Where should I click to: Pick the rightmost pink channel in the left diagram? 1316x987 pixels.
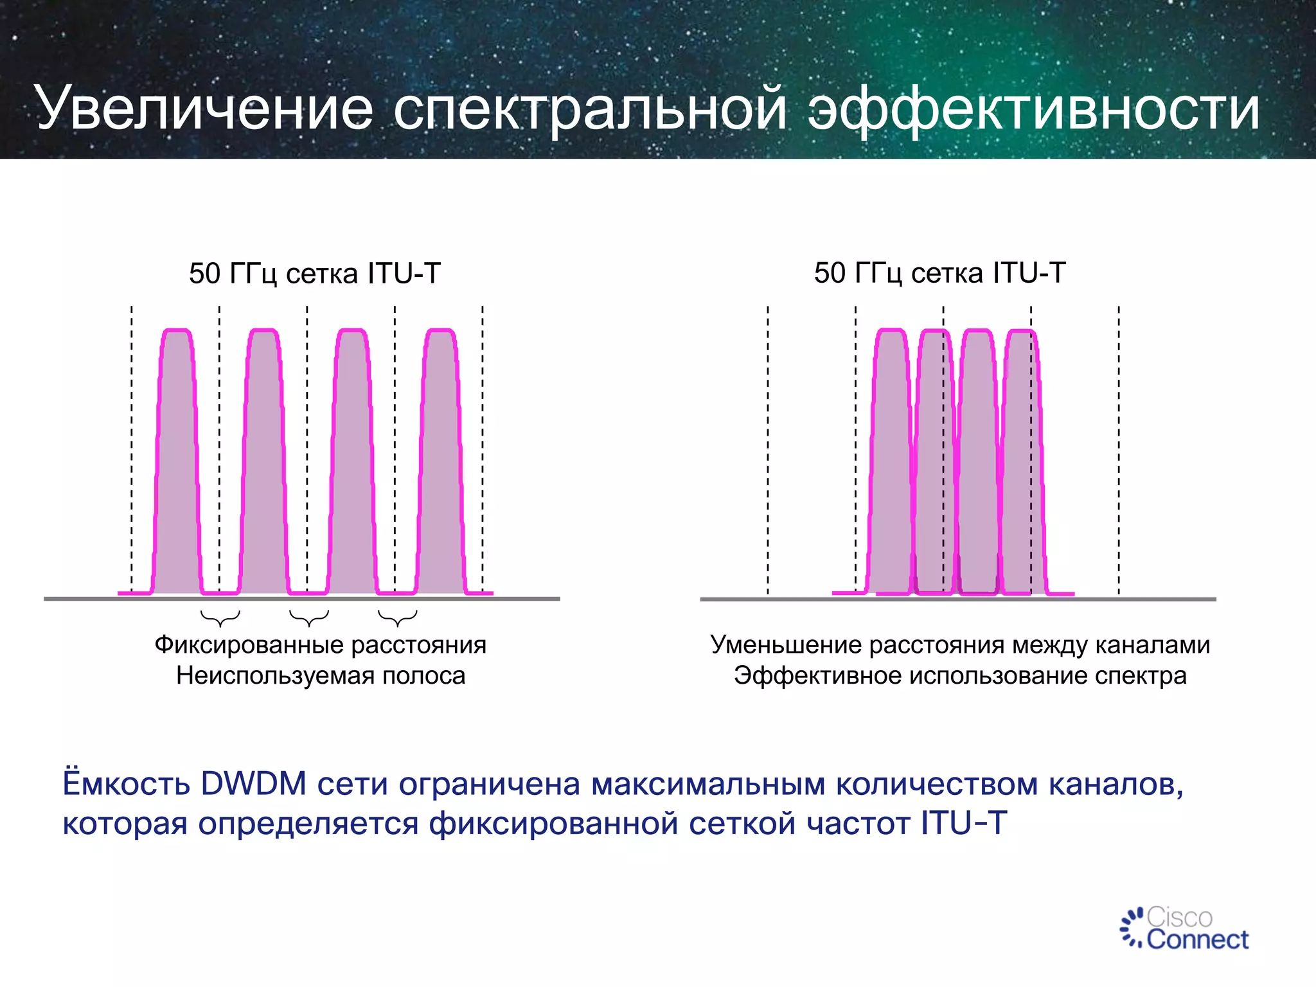point(441,463)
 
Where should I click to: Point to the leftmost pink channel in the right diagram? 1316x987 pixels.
point(890,463)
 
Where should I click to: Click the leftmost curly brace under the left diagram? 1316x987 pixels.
point(220,618)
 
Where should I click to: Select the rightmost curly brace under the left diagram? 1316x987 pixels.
point(398,618)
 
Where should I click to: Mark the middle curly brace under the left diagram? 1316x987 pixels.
point(309,618)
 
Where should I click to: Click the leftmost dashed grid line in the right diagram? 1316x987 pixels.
point(768,450)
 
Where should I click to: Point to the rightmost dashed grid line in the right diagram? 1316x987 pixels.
point(1119,450)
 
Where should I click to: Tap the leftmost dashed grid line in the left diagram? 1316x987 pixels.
point(132,450)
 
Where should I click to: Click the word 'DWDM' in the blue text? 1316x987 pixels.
point(253,784)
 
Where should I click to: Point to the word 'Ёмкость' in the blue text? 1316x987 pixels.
point(126,784)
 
